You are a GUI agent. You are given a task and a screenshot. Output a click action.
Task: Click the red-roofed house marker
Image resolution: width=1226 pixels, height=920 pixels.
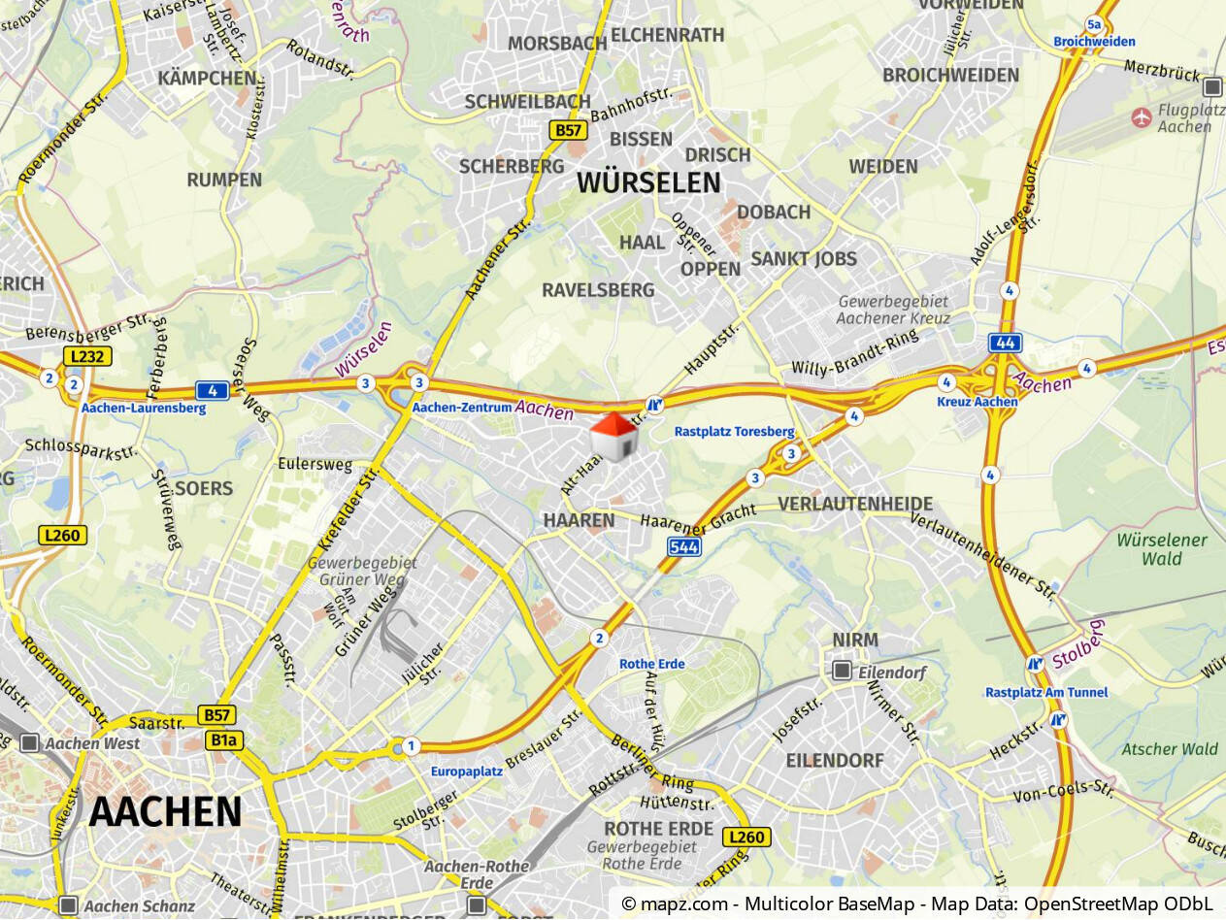click(x=613, y=436)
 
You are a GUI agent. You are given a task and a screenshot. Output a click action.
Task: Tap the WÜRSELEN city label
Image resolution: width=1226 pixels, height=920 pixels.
click(x=648, y=182)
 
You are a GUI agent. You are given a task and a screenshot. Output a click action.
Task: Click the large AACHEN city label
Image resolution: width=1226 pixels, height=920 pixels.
click(x=165, y=811)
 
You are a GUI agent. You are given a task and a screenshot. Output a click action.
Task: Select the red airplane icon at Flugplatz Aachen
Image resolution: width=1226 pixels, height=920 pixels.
click(x=1142, y=117)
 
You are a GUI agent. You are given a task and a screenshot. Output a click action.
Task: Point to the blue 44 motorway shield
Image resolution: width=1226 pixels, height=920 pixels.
click(x=1005, y=343)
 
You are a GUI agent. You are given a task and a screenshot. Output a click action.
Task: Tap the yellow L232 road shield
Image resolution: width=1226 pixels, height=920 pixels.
click(x=88, y=356)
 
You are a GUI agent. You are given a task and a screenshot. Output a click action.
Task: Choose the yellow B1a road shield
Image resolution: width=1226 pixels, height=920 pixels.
click(x=223, y=740)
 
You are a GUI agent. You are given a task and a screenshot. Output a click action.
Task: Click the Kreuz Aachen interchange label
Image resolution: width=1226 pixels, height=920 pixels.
click(x=977, y=402)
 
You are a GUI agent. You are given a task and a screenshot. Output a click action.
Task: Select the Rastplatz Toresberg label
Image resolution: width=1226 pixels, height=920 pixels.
click(x=734, y=432)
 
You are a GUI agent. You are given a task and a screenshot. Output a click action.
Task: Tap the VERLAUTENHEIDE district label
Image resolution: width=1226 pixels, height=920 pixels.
click(x=855, y=504)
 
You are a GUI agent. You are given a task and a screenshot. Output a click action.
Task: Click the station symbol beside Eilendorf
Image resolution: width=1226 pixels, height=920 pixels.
click(x=842, y=671)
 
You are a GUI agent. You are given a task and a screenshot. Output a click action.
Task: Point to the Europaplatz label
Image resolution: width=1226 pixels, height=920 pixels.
click(x=466, y=772)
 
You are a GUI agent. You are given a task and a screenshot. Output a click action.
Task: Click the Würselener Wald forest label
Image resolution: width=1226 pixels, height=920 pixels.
click(x=1162, y=549)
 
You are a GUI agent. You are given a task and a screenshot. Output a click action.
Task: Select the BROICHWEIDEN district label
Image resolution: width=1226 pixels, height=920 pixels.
click(x=950, y=75)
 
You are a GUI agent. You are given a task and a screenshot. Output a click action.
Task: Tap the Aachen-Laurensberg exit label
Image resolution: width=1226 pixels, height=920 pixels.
click(x=144, y=409)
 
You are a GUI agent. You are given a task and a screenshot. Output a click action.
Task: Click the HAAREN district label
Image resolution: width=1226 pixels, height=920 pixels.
click(x=579, y=520)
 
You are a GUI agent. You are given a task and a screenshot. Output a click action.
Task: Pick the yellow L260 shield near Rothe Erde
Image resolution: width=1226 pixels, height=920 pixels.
click(x=746, y=837)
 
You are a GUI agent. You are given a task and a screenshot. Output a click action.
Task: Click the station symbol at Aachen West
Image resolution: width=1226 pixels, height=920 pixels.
click(x=30, y=743)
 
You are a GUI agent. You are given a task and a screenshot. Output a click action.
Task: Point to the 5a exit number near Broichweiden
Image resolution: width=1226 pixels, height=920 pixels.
click(x=1095, y=24)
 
